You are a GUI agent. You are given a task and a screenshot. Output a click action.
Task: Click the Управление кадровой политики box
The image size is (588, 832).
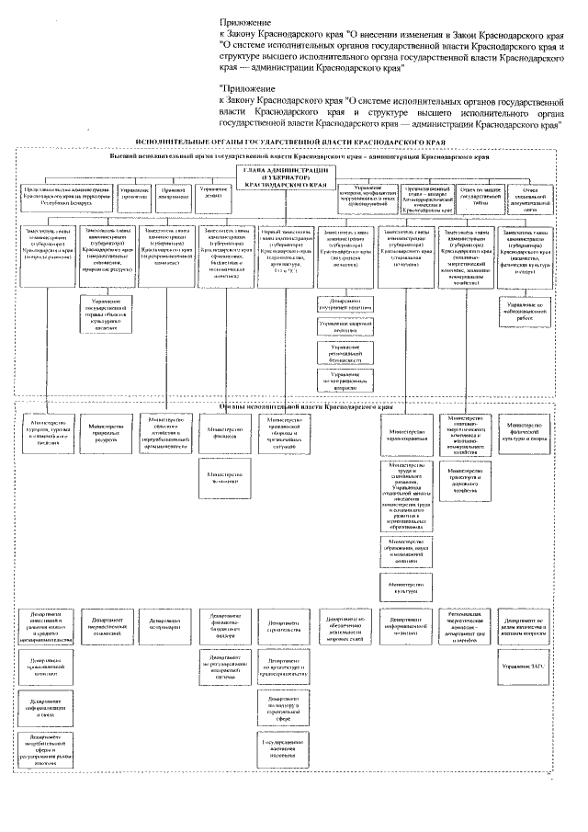click(345, 326)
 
